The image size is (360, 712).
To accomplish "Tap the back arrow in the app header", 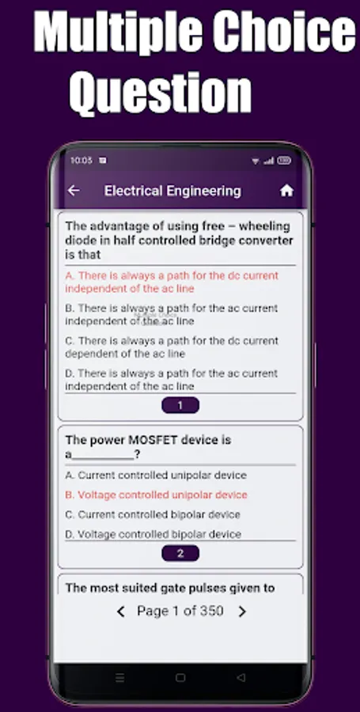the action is click(74, 191).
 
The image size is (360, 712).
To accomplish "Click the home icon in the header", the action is click(286, 191).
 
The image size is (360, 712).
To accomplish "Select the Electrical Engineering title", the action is click(172, 191).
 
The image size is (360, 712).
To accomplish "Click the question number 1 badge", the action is click(180, 405).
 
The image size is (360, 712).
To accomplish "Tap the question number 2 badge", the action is click(180, 554).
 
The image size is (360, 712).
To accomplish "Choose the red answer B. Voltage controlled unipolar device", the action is click(156, 495).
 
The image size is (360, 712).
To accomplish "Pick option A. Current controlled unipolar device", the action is click(156, 475).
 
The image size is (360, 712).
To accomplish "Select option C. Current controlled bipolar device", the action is click(153, 514).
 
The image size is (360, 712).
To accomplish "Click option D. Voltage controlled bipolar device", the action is click(153, 535).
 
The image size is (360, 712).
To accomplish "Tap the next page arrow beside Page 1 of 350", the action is click(242, 612).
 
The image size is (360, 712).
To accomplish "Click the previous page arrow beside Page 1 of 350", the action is click(120, 612).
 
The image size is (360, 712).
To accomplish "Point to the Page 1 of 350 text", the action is click(180, 612).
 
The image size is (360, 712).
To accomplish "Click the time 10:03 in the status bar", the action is click(81, 161).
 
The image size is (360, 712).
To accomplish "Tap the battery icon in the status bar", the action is click(284, 161).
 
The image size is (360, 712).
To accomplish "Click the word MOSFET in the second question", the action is click(154, 440).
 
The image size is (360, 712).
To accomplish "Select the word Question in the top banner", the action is click(161, 93).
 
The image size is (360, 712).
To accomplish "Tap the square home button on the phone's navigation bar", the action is click(180, 678).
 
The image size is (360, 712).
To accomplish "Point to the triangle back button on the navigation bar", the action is click(241, 678).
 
